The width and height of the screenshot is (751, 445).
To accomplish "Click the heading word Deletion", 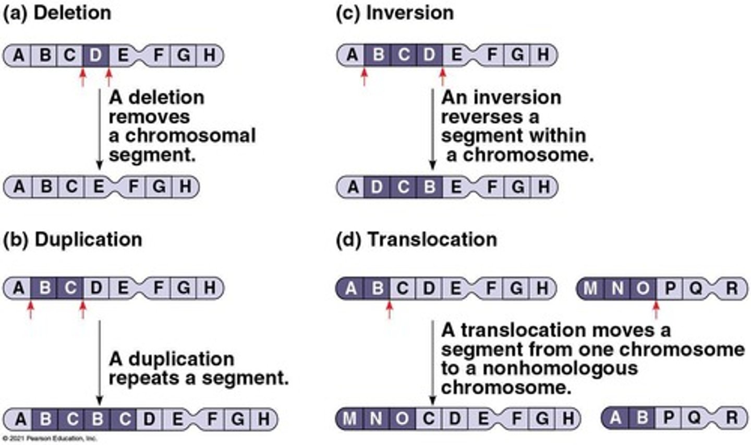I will point(72,13).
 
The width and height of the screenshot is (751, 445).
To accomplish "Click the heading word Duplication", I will point(88,240).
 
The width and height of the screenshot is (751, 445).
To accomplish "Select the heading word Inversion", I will point(409,13).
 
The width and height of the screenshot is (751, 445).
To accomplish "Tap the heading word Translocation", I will point(432,240).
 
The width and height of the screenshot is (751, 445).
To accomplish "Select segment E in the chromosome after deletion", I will point(98,186).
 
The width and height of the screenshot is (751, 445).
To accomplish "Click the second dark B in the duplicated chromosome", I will point(98,419).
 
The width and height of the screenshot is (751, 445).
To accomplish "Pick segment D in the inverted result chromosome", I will point(377,187).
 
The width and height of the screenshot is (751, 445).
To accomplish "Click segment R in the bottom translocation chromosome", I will point(732,418).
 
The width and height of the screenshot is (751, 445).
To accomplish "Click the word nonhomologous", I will point(560,368).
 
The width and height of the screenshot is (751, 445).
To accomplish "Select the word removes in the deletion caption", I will point(149,116).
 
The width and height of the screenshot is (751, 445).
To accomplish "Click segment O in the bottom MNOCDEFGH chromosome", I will point(402,418).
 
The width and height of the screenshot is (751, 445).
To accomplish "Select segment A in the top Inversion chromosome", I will point(353,55).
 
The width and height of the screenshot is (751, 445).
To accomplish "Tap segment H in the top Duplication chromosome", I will point(209,288).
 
